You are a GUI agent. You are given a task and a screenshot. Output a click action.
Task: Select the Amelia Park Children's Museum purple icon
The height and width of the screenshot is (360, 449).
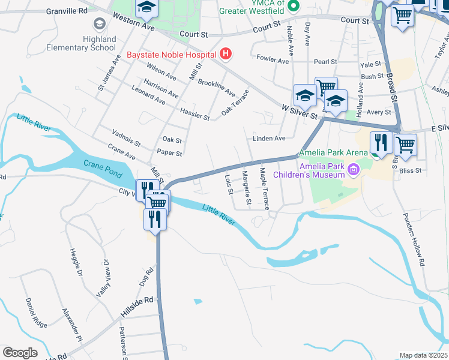click(353, 170)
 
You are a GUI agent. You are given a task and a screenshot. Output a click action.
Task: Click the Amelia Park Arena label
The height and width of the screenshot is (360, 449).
click(334, 153)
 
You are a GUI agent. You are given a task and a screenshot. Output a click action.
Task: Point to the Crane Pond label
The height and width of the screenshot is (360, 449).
click(98, 164)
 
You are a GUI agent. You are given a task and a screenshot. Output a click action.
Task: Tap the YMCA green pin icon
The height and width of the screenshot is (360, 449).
click(293, 7)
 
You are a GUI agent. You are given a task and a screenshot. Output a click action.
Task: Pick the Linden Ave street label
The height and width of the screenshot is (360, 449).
click(268, 139)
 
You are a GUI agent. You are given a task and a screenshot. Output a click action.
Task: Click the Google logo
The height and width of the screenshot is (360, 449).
click(20, 353)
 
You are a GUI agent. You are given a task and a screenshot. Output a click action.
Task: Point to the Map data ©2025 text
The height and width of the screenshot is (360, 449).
click(423, 355)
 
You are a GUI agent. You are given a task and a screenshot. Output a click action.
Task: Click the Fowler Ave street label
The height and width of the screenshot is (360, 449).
click(273, 59)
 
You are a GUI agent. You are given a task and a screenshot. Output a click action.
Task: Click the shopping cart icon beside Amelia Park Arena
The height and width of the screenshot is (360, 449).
click(405, 144)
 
